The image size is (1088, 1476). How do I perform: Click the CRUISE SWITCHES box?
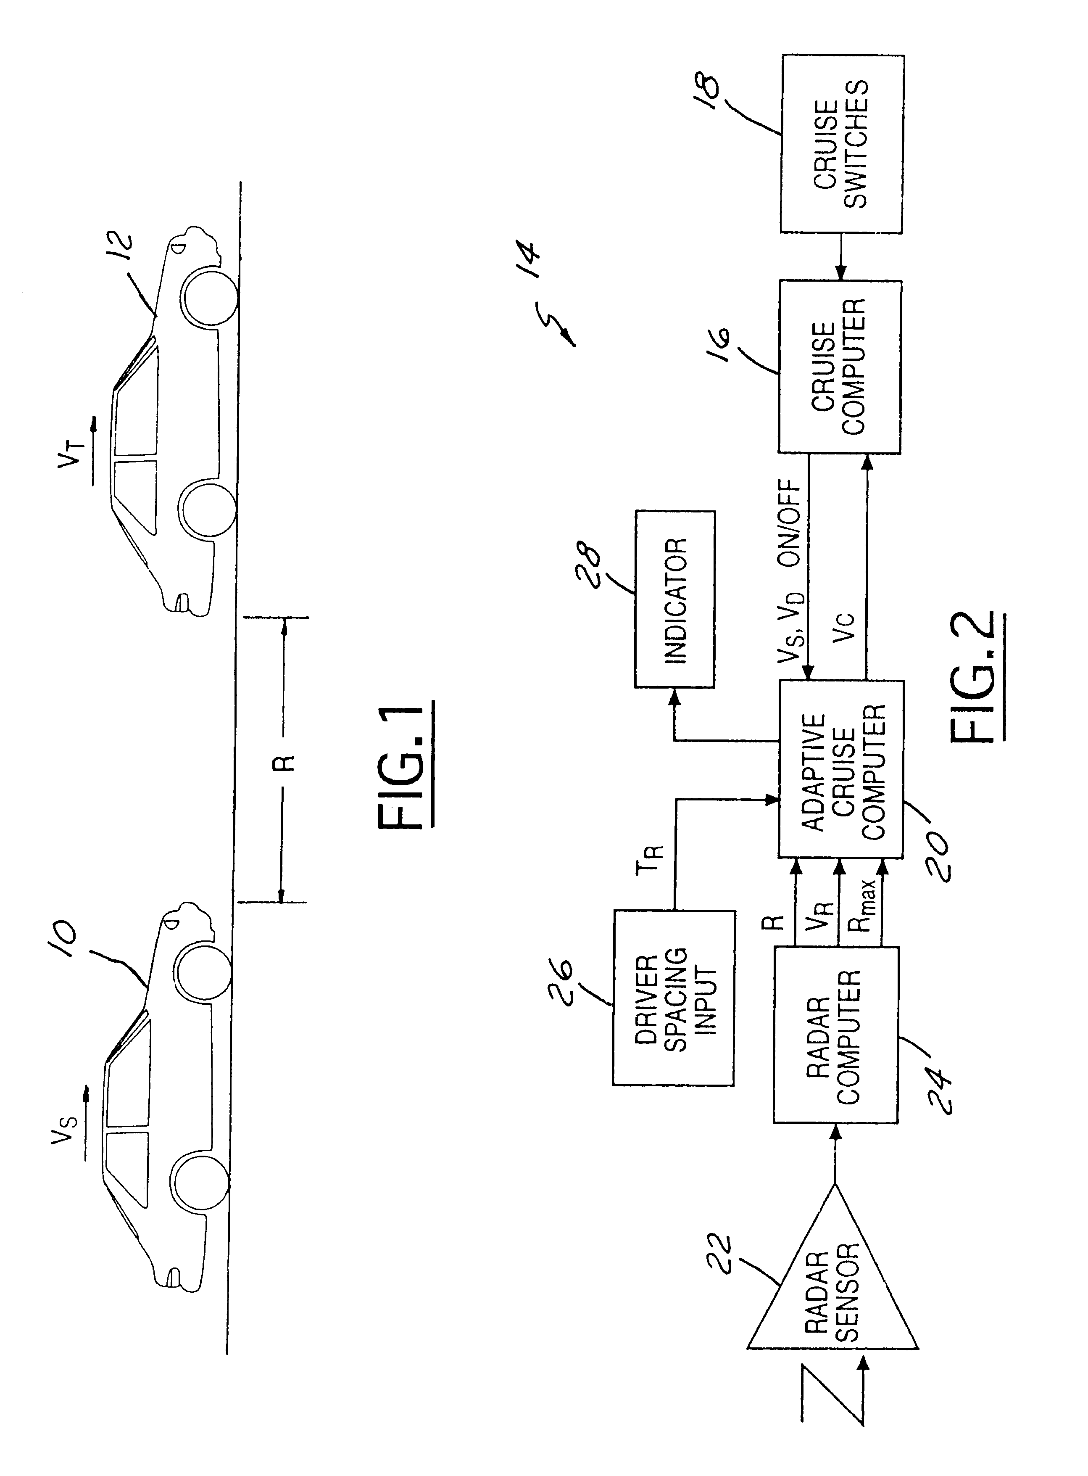(842, 144)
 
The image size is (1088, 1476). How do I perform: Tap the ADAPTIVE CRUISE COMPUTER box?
(841, 769)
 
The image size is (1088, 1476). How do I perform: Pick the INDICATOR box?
(675, 599)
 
